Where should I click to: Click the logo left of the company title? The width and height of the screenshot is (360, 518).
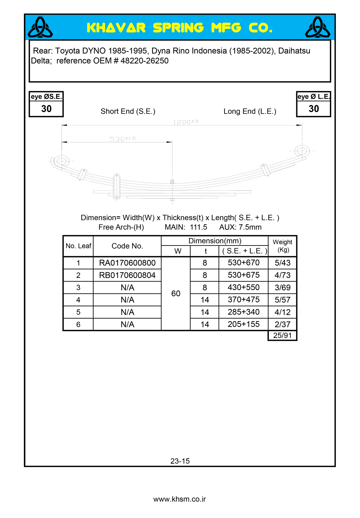click(x=40, y=27)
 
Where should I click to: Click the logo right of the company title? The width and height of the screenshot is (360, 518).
click(x=317, y=27)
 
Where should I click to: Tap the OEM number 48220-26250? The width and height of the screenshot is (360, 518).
click(x=144, y=61)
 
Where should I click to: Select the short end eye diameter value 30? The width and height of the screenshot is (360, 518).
click(x=46, y=109)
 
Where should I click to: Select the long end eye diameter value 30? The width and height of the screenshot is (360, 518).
click(x=314, y=109)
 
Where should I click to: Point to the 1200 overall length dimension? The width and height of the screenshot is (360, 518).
click(x=185, y=122)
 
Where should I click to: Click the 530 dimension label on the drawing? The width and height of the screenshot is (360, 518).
click(x=122, y=139)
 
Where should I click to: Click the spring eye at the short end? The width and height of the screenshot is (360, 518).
click(x=62, y=161)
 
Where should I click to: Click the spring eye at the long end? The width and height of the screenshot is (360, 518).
click(x=302, y=151)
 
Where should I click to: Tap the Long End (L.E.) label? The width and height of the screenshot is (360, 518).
click(x=250, y=111)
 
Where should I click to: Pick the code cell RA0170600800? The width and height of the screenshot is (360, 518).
click(x=127, y=263)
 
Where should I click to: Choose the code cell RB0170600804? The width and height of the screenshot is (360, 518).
click(x=127, y=275)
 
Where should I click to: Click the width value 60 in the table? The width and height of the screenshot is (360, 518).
click(x=176, y=293)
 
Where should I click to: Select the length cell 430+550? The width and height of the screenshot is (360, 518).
click(x=244, y=287)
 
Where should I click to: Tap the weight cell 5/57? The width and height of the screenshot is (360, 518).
click(x=283, y=300)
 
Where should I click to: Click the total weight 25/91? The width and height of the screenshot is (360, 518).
click(x=283, y=335)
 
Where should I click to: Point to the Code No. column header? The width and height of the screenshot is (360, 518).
click(x=127, y=246)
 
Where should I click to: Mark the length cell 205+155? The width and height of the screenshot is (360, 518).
click(x=244, y=324)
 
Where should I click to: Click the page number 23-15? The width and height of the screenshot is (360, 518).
click(x=180, y=461)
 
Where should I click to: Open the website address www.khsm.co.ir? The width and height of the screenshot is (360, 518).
click(x=180, y=499)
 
